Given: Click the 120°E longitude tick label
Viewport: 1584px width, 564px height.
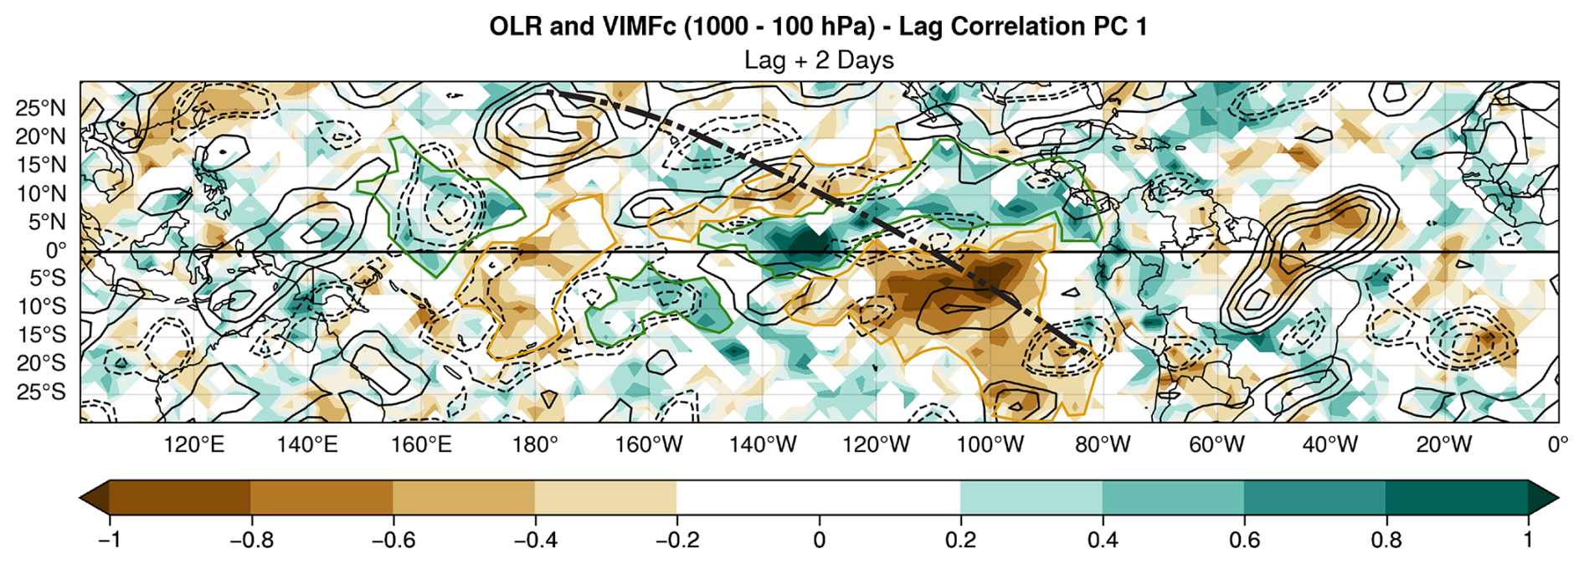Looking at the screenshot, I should pos(194,444).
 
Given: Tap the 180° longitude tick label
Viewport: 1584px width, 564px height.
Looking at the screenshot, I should pos(535,444).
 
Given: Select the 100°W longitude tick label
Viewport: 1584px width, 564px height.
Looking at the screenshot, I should pos(990,444).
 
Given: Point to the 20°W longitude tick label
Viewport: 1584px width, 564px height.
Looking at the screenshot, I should pos(1444,444).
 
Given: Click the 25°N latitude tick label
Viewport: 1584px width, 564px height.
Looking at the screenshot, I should pos(40,108).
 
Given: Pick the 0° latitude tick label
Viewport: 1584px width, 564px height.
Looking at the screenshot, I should pos(55,250).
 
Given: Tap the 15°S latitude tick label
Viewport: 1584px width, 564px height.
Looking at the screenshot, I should pos(41,335).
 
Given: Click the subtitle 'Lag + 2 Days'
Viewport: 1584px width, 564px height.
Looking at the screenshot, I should pos(819,60).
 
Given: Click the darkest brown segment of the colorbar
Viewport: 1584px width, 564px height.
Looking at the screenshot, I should pos(179,497).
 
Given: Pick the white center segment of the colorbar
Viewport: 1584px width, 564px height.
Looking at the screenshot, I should pos(818,497).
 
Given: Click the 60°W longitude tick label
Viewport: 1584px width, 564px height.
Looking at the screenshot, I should pos(1216,444).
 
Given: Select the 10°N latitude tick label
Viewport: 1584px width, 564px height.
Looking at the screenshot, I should pos(40,193).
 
